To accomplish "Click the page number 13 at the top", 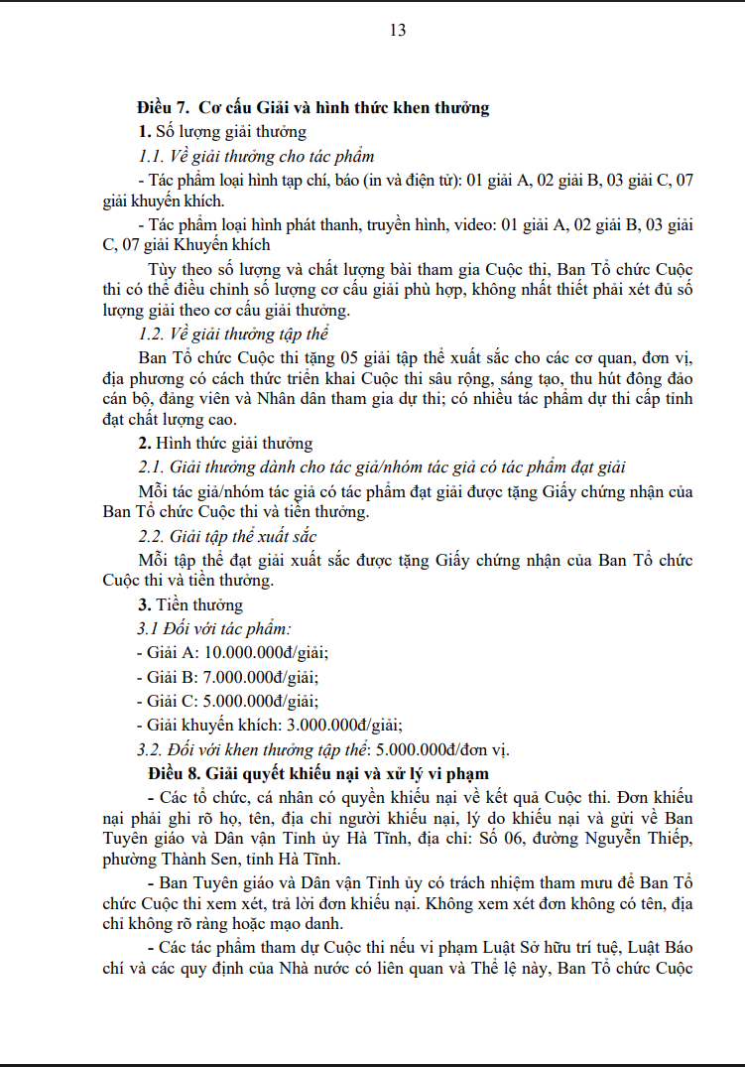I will click(x=398, y=30).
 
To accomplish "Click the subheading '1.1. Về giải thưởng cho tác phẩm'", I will click(x=256, y=156).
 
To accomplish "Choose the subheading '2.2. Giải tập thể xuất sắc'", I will click(x=228, y=537).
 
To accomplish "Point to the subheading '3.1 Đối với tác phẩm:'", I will click(x=214, y=628).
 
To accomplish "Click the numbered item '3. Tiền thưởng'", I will click(x=190, y=604).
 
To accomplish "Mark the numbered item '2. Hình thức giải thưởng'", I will click(x=225, y=444).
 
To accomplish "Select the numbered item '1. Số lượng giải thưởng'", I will click(x=222, y=131).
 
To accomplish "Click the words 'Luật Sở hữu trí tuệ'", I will click(x=528, y=947).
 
